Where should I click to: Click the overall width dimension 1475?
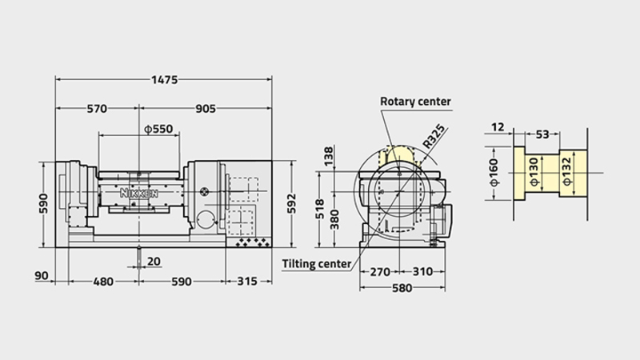pyautogui.click(x=165, y=79)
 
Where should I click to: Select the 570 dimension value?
pyautogui.click(x=97, y=109)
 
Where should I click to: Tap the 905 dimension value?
pyautogui.click(x=206, y=109)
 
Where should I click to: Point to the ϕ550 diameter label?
pyautogui.click(x=158, y=129)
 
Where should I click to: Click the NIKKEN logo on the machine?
pyautogui.click(x=138, y=193)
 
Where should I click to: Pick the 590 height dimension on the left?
pyautogui.click(x=43, y=204)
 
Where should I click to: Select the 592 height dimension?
pyautogui.click(x=291, y=204)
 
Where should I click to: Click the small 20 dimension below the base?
pyautogui.click(x=154, y=262)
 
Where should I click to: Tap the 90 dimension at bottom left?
pyautogui.click(x=42, y=276)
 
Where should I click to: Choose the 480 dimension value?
pyautogui.click(x=103, y=282)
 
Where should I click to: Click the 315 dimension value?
pyautogui.click(x=247, y=282)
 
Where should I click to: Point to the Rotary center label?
pyautogui.click(x=415, y=102)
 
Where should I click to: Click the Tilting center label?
pyautogui.click(x=317, y=264)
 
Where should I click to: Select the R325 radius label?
pyautogui.click(x=434, y=136)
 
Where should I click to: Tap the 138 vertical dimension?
pyautogui.click(x=329, y=156)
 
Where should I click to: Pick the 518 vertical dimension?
pyautogui.click(x=320, y=209)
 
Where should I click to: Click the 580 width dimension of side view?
pyautogui.click(x=402, y=288)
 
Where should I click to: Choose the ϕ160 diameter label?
pyautogui.click(x=494, y=172)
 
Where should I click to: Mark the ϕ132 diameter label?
pyautogui.click(x=567, y=171)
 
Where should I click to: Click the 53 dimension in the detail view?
pyautogui.click(x=542, y=134)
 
